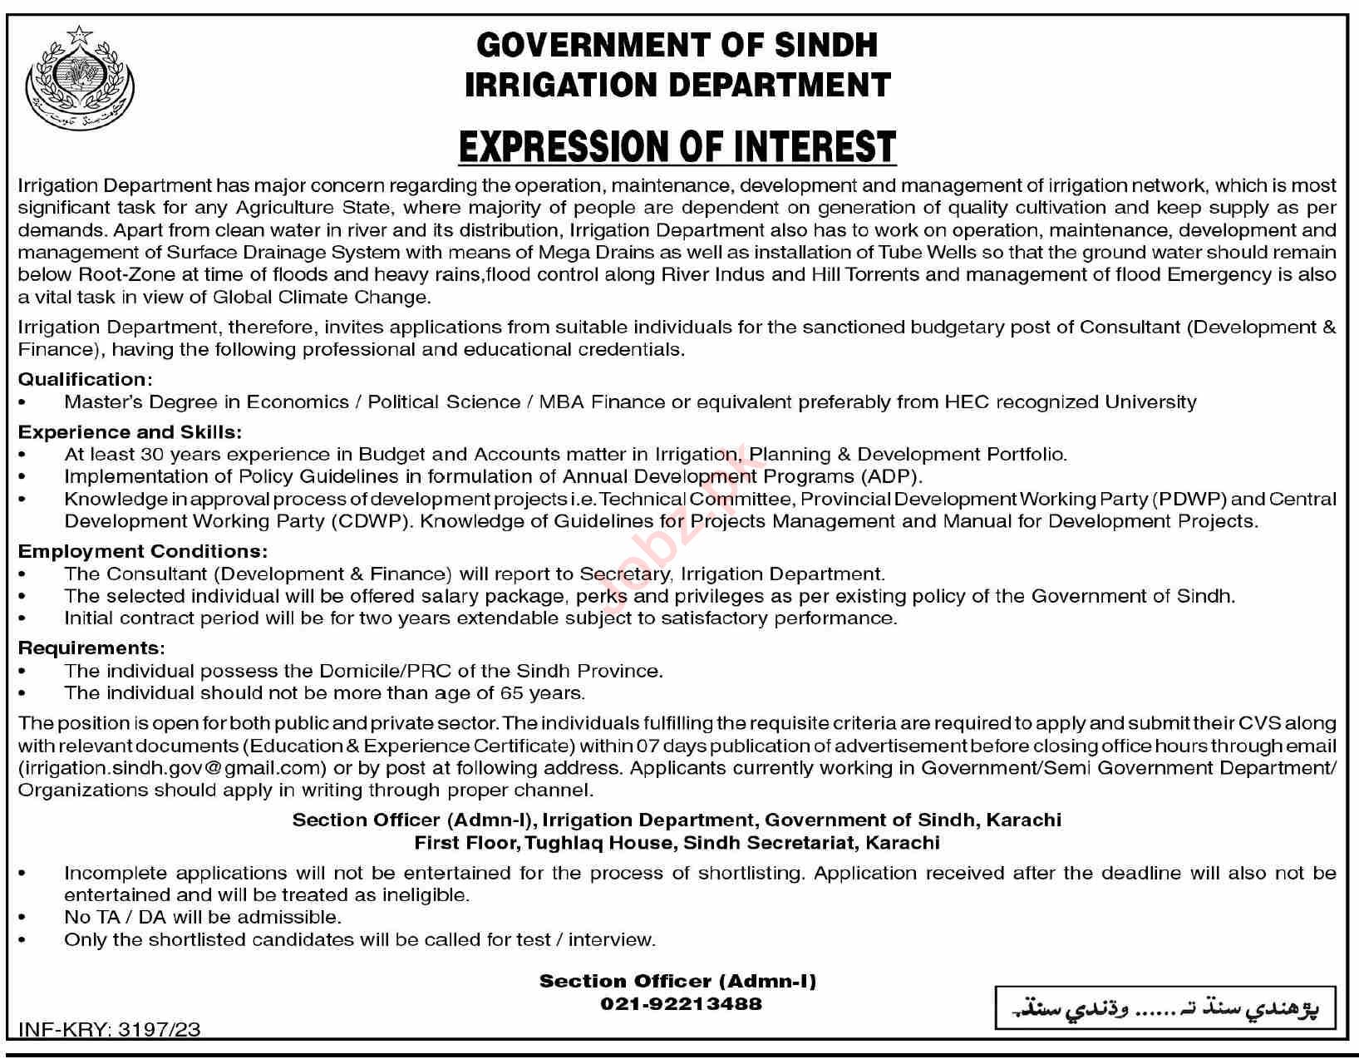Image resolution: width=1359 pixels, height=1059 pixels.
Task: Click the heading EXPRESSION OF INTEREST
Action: click(677, 147)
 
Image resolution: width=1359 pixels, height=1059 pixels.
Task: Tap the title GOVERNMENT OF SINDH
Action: click(677, 45)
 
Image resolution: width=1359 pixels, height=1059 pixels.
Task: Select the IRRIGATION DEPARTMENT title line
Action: click(677, 85)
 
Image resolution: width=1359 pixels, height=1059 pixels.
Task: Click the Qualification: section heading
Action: click(86, 380)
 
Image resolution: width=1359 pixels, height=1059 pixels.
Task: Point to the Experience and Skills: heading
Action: click(130, 432)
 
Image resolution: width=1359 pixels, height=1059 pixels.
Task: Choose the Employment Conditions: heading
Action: click(143, 551)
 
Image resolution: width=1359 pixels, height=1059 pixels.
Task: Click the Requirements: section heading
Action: click(91, 648)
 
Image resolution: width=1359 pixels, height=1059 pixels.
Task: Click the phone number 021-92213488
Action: click(681, 1004)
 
